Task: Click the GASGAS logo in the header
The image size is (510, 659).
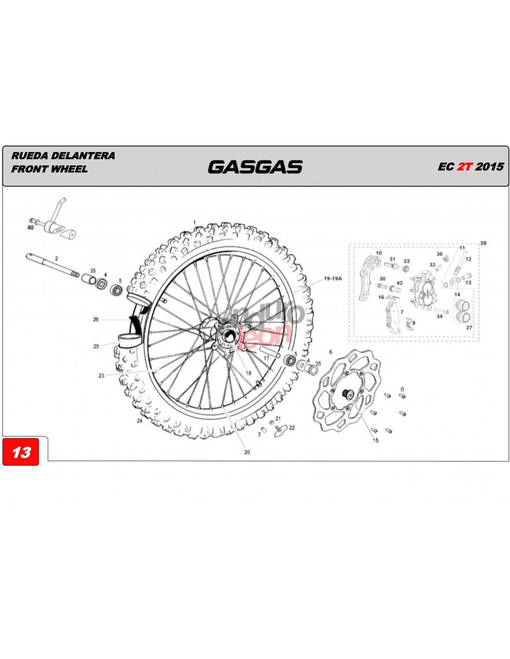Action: tap(255, 167)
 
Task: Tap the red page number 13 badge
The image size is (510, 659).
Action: tap(20, 452)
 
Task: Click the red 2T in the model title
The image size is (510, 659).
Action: tap(465, 166)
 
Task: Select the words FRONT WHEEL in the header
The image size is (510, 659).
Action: tap(50, 169)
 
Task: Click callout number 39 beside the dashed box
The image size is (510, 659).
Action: tap(483, 243)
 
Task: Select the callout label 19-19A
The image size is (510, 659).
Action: tap(333, 279)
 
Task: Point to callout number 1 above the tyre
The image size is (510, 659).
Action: tap(194, 222)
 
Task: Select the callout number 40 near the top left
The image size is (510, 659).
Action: tap(30, 228)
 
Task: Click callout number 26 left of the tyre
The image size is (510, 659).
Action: tap(96, 319)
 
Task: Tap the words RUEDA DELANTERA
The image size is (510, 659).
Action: tap(63, 156)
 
